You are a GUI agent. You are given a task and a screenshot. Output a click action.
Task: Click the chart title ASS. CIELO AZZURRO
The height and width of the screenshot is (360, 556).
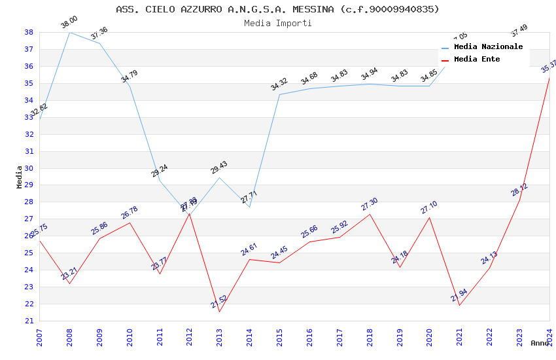(x=277, y=9)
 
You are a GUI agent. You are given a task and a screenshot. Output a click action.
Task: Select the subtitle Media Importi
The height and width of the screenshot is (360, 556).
(x=277, y=23)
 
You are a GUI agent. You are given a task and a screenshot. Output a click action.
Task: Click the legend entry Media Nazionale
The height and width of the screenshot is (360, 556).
(x=488, y=46)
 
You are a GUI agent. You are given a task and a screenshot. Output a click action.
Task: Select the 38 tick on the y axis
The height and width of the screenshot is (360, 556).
(x=29, y=32)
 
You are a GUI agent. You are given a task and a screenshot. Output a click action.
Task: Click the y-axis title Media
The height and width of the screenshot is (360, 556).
(x=20, y=176)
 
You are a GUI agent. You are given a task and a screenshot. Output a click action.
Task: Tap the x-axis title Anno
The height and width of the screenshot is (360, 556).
(x=540, y=343)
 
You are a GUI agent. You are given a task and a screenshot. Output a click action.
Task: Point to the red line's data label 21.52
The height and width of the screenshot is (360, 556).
(x=219, y=302)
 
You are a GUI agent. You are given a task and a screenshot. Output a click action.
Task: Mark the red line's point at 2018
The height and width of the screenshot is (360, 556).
(x=370, y=214)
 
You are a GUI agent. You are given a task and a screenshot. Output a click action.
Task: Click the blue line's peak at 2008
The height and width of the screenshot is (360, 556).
(x=69, y=32)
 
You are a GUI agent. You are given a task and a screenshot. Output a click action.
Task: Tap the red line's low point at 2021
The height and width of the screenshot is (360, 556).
(x=459, y=305)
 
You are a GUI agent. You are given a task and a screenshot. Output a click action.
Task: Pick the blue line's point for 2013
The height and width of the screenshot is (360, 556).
(x=219, y=178)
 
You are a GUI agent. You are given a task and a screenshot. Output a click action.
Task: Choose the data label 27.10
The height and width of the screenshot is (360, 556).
(x=429, y=207)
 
